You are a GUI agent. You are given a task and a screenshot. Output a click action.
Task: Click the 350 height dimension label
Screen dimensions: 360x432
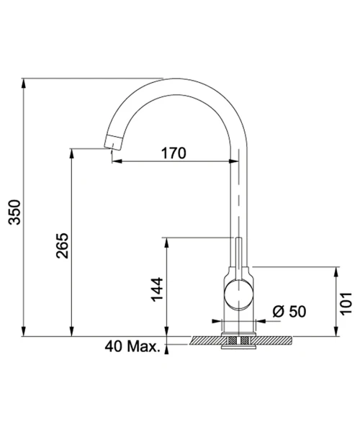tap(14, 212)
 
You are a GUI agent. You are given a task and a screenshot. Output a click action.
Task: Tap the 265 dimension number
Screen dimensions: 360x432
tap(62, 246)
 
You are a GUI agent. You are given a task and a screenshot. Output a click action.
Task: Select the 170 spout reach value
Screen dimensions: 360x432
tap(174, 153)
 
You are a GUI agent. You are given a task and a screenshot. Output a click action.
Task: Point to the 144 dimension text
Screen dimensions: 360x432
tap(157, 289)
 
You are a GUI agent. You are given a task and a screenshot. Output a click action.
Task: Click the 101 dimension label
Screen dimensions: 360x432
tap(346, 303)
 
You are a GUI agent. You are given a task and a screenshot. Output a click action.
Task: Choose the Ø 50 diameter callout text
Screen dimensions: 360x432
tap(289, 311)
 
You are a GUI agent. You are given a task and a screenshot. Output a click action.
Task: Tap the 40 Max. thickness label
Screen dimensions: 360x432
tap(132, 346)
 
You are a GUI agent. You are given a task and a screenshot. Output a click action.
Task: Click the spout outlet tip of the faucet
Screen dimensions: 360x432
tap(112, 143)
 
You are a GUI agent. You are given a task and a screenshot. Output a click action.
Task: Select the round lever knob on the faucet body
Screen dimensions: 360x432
tap(238, 294)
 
